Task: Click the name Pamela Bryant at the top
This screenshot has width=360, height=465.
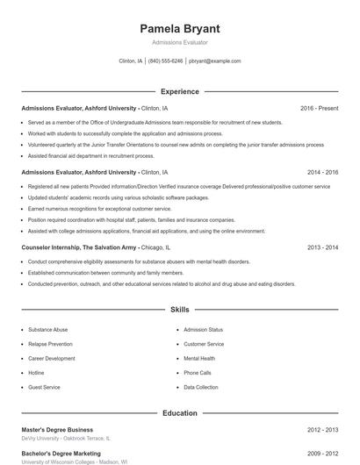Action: [x=179, y=28]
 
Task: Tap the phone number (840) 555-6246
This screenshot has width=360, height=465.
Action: [x=165, y=61]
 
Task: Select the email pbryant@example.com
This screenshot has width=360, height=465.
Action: [x=214, y=61]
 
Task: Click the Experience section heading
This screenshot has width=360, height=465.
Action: [x=179, y=91]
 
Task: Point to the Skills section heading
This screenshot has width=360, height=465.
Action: [x=179, y=310]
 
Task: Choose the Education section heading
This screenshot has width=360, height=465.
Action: [x=179, y=412]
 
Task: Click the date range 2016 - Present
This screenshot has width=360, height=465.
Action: [x=319, y=108]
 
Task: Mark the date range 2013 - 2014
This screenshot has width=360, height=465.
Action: [x=322, y=248]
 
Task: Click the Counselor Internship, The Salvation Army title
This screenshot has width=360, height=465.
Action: [x=78, y=248]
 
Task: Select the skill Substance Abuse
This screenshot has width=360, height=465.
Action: [x=47, y=330]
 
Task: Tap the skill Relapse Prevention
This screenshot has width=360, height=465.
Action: [x=50, y=344]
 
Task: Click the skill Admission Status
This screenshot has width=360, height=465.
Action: [x=203, y=330]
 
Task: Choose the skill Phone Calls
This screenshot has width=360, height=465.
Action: [x=198, y=372]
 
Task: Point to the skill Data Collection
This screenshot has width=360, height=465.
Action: [x=201, y=387]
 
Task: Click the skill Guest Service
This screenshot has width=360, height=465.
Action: [x=44, y=387]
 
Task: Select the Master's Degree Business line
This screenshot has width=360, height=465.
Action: [x=59, y=430]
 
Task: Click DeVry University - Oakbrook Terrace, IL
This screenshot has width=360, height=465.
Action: [x=68, y=438]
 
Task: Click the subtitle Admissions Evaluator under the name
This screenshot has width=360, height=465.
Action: [x=179, y=42]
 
